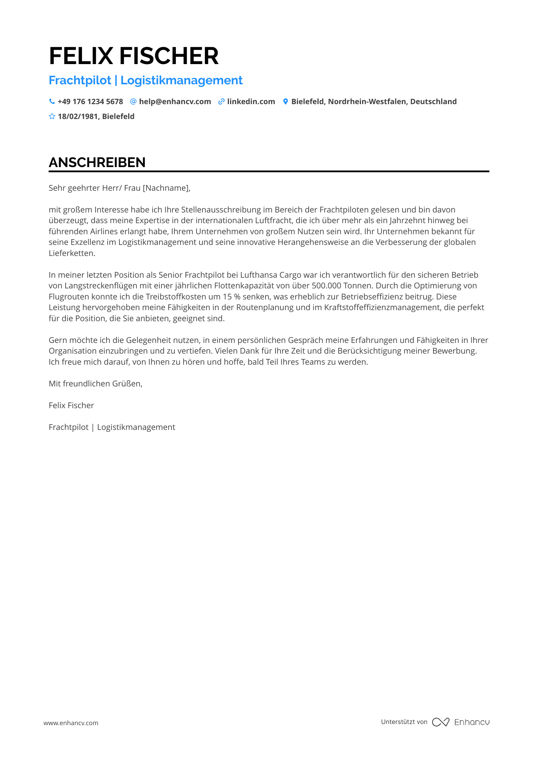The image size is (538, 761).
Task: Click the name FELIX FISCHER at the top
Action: coord(134,56)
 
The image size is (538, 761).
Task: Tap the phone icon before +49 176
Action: coord(52,101)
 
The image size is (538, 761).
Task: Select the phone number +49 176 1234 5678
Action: coord(90,101)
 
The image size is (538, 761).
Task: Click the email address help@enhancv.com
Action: coord(175,101)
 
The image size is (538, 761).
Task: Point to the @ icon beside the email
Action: coord(133,101)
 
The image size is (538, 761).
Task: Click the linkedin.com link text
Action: coord(251,101)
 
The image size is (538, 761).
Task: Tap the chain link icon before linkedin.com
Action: coord(221,101)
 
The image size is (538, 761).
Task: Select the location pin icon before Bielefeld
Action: coord(285,101)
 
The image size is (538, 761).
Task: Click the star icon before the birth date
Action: coord(52,116)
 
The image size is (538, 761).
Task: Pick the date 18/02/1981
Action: coord(78,116)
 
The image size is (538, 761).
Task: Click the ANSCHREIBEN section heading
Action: coord(97,162)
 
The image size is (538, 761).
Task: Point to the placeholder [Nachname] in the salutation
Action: coord(166,188)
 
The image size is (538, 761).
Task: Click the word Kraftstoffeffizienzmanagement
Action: coord(382,307)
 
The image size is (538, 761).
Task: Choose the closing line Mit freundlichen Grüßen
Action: coord(95,384)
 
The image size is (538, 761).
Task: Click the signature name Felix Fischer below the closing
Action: coord(71,405)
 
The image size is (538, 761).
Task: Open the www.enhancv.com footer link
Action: coord(71,723)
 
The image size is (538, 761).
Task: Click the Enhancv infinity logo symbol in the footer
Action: coord(440,722)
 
